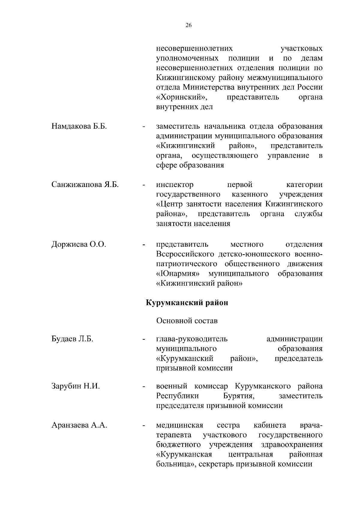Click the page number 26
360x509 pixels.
coord(188,25)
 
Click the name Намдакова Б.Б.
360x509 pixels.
coord(79,126)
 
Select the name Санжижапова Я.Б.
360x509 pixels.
coord(85,185)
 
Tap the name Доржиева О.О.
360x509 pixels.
coord(79,244)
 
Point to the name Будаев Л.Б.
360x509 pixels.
coord(72,339)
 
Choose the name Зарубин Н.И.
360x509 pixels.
coord(76,386)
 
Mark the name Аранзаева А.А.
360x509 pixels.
coord(79,425)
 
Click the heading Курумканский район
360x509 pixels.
coord(187,302)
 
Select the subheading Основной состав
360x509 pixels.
coord(187,321)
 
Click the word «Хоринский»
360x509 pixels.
coord(182,97)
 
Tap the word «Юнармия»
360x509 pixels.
coord(178,274)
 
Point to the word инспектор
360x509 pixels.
coord(175,185)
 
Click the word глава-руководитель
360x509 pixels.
coord(192,339)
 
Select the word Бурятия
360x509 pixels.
coord(239,396)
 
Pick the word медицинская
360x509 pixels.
coord(180,425)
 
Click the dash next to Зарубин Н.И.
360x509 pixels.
coord(144,387)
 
